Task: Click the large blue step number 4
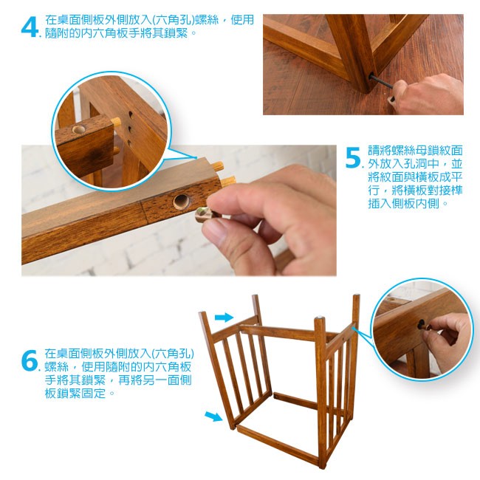(x=30, y=27)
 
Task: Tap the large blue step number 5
(x=354, y=158)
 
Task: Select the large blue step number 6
(x=30, y=360)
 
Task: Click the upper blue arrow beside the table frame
(x=224, y=317)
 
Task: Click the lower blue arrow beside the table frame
(x=213, y=416)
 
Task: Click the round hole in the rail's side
(x=181, y=201)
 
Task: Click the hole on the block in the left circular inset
(x=79, y=129)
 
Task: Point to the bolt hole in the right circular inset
(x=422, y=324)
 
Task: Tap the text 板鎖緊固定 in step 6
(x=75, y=393)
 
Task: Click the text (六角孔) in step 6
(x=173, y=354)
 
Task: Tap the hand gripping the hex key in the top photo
(x=428, y=95)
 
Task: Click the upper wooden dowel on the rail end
(x=218, y=166)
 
